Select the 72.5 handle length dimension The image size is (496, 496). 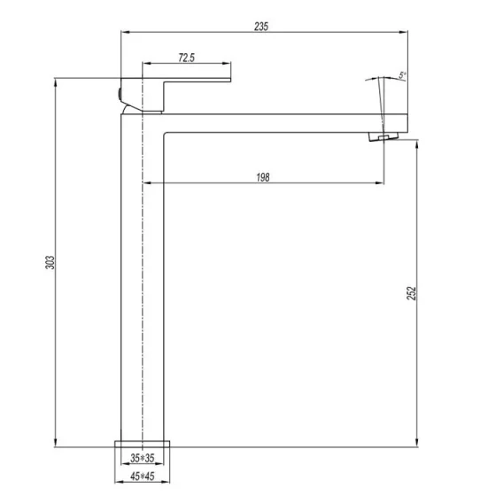(186, 58)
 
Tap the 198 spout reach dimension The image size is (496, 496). (263, 176)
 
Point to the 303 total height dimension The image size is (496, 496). (50, 262)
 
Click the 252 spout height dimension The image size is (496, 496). (411, 293)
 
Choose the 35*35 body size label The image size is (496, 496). (143, 459)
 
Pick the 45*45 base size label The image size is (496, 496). (143, 477)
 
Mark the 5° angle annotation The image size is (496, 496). (400, 74)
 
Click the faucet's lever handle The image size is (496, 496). (177, 89)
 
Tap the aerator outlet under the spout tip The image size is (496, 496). (380, 137)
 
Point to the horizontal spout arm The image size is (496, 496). (266, 121)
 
